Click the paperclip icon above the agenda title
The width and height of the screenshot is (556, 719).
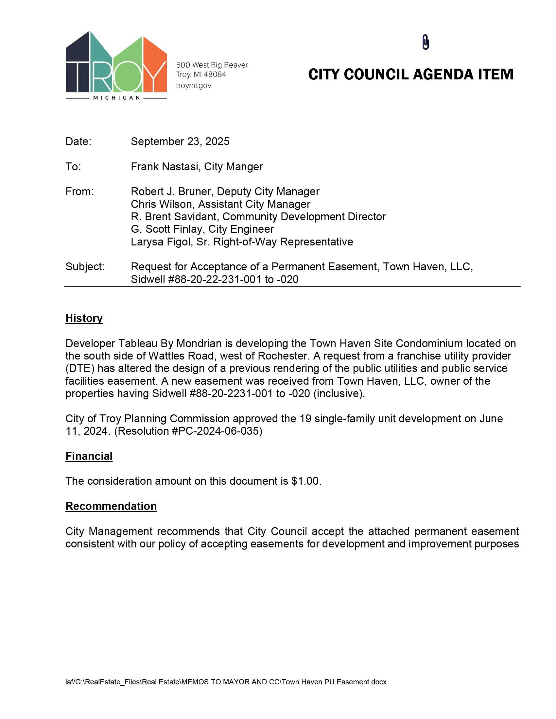click(x=425, y=42)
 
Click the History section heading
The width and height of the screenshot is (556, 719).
click(x=84, y=318)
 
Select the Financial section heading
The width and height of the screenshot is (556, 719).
click(x=89, y=456)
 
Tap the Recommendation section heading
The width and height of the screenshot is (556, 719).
click(x=111, y=506)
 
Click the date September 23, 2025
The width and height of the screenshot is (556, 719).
click(x=180, y=142)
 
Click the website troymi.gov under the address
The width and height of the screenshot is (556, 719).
click(x=193, y=86)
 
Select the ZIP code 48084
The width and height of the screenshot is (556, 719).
click(x=215, y=75)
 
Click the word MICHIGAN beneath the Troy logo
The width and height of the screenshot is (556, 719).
click(x=117, y=98)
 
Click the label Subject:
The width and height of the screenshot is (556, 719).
click(x=85, y=267)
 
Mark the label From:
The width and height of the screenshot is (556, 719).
click(x=79, y=192)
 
